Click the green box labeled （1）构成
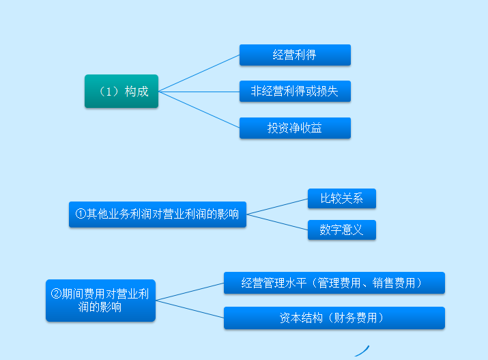tap(121, 91)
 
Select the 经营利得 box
tap(295, 55)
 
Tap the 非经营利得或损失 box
tap(295, 91)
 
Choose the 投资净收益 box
tap(295, 128)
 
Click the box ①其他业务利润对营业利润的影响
tap(158, 214)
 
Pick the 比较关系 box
tap(341, 199)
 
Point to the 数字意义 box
tap(341, 230)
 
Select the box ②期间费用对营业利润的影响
tap(100, 301)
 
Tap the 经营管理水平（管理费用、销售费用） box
tap(334, 283)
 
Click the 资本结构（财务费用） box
tap(334, 318)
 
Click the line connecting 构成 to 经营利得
tap(199, 73)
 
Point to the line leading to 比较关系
tap(277, 206)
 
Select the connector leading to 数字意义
tap(277, 222)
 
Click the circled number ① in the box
tap(81, 214)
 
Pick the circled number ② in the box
tap(57, 294)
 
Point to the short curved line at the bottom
tap(362, 350)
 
